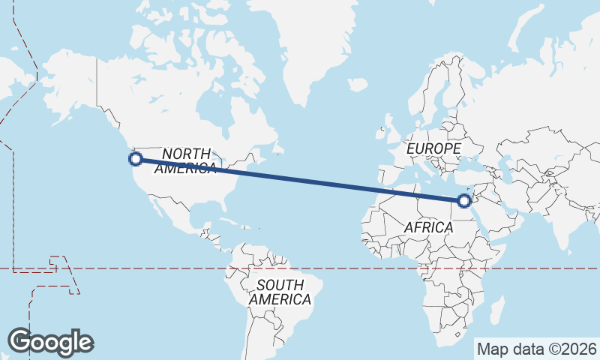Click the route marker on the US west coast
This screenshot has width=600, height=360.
pyautogui.click(x=136, y=159)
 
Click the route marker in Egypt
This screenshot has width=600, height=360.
pyautogui.click(x=464, y=200)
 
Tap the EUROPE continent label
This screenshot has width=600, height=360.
pyautogui.click(x=433, y=149)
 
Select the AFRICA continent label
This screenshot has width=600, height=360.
pyautogui.click(x=427, y=227)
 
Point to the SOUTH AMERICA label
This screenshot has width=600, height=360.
pyautogui.click(x=280, y=292)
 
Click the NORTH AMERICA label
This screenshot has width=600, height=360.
pyautogui.click(x=185, y=160)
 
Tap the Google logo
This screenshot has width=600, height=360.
pyautogui.click(x=51, y=342)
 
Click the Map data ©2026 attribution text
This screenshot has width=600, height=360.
pyautogui.click(x=536, y=349)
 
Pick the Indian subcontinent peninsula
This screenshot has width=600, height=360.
pyautogui.click(x=563, y=225)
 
